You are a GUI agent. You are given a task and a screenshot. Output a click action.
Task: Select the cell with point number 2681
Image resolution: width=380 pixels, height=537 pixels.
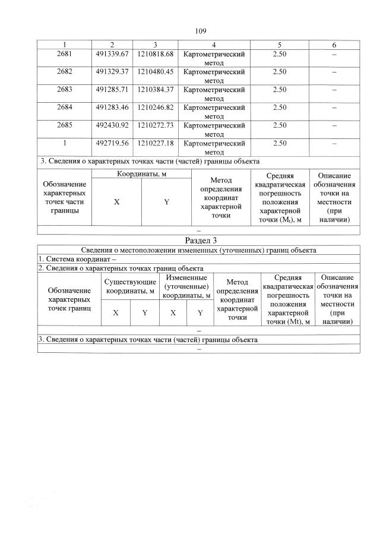[65, 55]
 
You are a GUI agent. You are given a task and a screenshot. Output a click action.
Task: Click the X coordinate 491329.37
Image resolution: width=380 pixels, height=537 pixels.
[112, 72]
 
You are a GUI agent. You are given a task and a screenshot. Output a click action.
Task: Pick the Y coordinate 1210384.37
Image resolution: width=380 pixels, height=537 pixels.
[155, 90]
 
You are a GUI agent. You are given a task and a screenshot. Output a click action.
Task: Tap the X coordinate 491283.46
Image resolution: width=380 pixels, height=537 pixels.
[112, 108]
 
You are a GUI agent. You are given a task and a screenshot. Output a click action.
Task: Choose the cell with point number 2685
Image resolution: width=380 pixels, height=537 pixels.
[65, 125]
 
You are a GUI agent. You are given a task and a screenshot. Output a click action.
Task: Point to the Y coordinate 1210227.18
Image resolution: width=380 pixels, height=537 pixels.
[155, 143]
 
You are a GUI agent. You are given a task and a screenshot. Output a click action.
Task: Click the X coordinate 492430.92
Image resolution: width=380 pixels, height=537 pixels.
[112, 125]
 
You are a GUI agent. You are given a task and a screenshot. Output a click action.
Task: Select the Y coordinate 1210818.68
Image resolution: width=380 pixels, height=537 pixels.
[155, 55]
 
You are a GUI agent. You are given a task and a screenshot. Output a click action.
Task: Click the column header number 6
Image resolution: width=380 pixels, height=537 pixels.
[334, 45]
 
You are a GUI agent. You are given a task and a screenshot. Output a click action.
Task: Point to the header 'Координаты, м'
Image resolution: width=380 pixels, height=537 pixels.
[141, 173]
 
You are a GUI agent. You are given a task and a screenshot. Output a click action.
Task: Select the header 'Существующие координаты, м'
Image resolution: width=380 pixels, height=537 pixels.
[130, 285]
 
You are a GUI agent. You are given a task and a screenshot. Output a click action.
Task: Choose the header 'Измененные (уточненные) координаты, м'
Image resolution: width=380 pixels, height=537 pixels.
[186, 286]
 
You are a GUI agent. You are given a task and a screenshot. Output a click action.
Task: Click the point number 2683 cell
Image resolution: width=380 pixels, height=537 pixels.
[65, 90]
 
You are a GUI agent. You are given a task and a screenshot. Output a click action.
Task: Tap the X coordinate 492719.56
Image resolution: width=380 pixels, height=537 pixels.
[112, 143]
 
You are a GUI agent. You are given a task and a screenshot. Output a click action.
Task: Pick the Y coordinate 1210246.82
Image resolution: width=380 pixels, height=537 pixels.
[155, 108]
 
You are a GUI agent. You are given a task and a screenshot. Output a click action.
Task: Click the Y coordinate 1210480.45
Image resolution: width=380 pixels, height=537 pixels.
[155, 72]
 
